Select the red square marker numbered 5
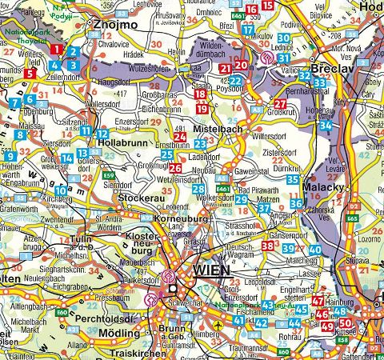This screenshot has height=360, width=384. [30, 74]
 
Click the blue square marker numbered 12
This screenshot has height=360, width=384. [104, 134]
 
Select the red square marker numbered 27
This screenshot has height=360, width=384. [280, 104]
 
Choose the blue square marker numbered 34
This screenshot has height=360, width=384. [325, 126]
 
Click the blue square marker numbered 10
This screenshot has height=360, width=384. [61, 190]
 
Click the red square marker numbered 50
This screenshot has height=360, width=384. [346, 324]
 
